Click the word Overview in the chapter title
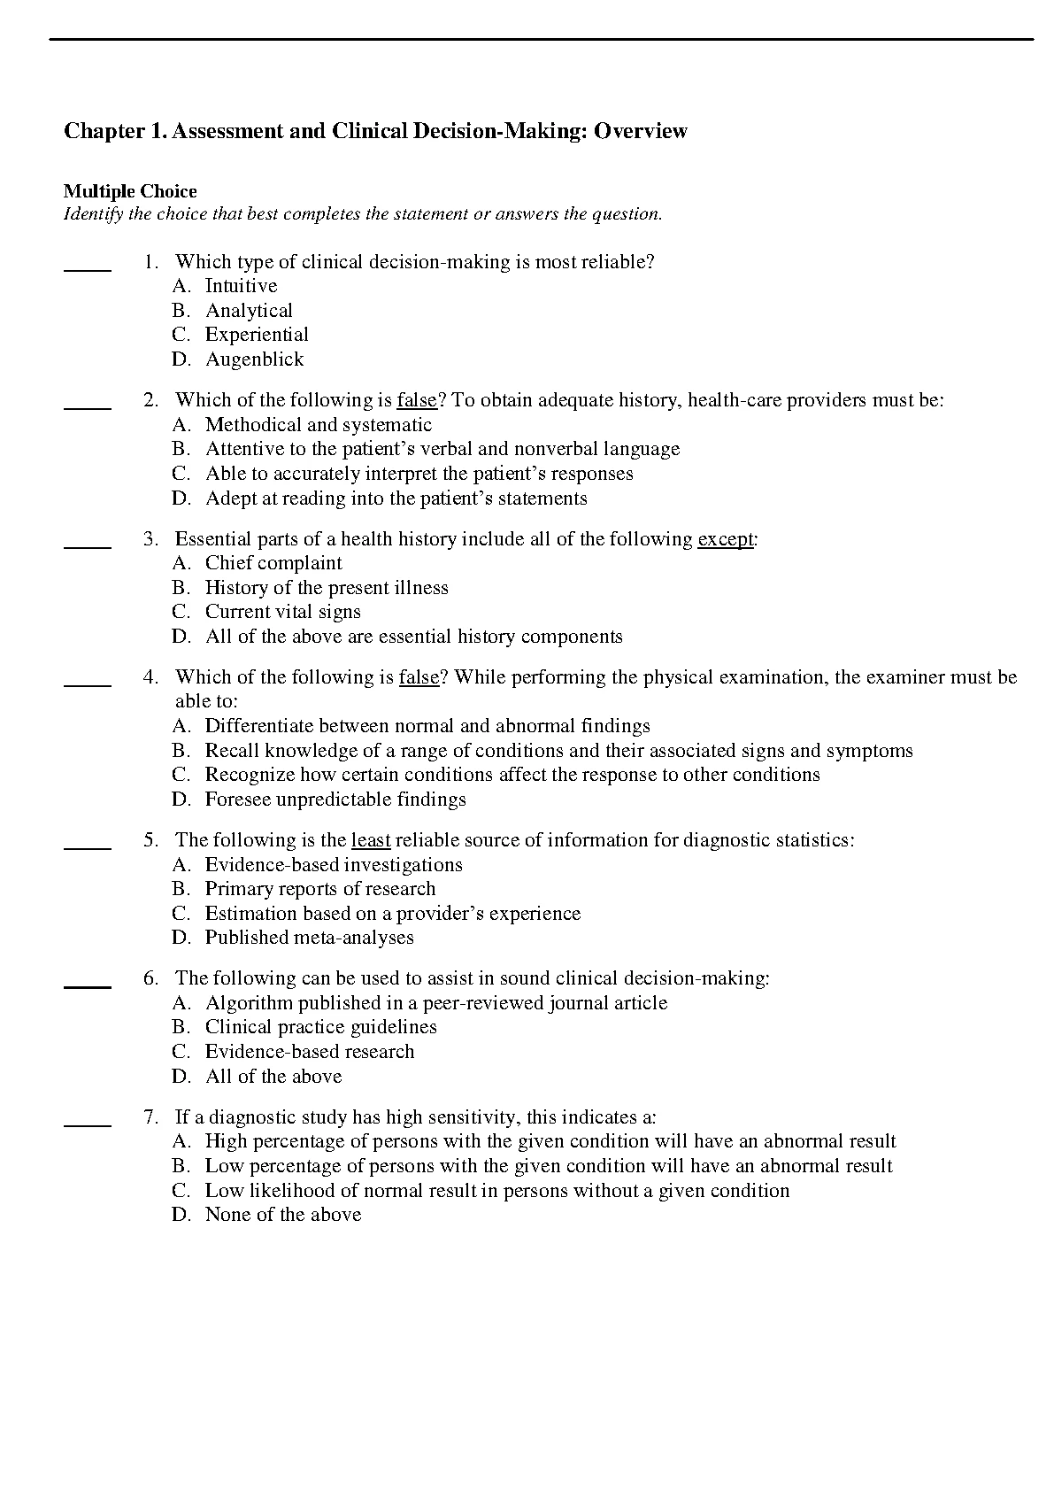pos(640,131)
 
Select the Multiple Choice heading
pos(130,191)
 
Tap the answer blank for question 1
pos(88,267)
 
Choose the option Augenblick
pos(254,359)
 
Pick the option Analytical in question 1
pos(249,311)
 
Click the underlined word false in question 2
pos(417,400)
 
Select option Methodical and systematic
pos(319,425)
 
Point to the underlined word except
pos(725,539)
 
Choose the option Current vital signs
pos(282,612)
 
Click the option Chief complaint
pos(273,563)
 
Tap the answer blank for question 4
pos(88,684)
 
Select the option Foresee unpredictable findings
pos(335,800)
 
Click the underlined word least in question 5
pos(371,840)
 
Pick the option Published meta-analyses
pos(309,938)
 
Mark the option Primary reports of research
pos(320,889)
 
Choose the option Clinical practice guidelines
pos(320,1027)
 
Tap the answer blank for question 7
pos(88,1124)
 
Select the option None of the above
pos(282,1215)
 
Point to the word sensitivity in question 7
pos(478,1117)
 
